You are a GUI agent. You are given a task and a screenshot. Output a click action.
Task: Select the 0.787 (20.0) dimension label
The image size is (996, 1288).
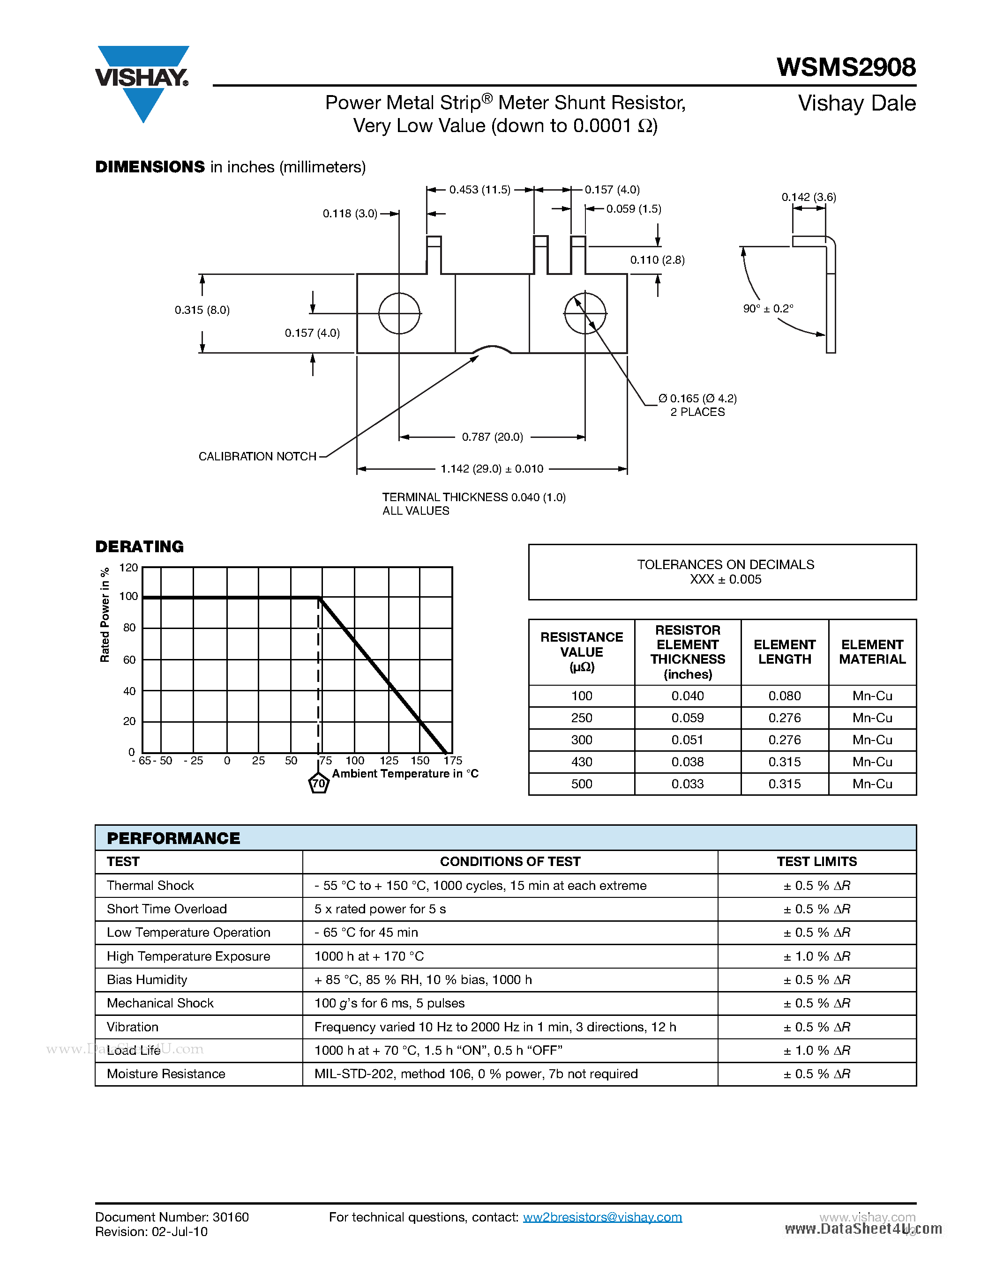[492, 437]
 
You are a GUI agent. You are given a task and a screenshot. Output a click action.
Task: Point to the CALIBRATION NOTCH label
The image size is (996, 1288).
[257, 457]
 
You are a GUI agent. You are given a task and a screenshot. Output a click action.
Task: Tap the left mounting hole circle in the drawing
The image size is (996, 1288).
[399, 313]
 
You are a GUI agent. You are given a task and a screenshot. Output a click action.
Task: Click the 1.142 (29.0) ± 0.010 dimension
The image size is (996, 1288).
[492, 469]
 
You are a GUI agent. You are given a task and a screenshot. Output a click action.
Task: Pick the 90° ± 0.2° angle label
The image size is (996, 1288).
[768, 309]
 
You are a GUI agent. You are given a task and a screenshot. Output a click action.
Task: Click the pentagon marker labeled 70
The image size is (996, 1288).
[319, 784]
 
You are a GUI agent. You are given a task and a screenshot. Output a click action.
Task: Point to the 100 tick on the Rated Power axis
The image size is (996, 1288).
[128, 596]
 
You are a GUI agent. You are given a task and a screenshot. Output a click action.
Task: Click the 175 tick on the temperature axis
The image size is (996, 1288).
[453, 761]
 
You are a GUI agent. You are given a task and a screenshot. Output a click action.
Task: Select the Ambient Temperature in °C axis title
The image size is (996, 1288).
[405, 774]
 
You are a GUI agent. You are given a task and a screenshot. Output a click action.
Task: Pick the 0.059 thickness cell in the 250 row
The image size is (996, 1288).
[688, 718]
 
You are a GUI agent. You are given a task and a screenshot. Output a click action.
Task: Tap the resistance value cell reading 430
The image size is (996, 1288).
[581, 762]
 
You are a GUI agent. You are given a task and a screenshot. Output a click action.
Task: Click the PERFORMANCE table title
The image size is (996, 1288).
[173, 838]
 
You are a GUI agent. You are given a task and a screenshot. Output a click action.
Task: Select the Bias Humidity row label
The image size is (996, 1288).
[147, 979]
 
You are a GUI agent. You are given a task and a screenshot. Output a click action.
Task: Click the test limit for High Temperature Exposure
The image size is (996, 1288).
[816, 956]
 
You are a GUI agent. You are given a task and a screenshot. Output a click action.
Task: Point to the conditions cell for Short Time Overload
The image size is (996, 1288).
[380, 909]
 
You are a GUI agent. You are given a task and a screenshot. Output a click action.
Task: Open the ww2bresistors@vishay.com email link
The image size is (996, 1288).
[602, 1217]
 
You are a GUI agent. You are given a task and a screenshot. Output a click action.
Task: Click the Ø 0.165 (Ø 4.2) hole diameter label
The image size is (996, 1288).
[697, 399]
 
